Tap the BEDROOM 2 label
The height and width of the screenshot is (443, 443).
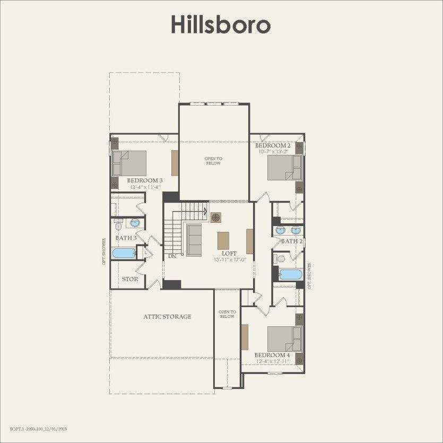tap(273, 145)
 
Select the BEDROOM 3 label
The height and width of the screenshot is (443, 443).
tap(144, 180)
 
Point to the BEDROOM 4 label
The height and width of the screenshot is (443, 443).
tap(272, 355)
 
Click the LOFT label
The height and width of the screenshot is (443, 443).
tap(229, 254)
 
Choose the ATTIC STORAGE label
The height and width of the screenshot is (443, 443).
tap(167, 317)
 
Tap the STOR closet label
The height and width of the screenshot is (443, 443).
tap(130, 279)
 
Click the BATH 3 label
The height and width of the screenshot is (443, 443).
tap(126, 238)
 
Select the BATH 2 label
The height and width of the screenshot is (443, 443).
tap(291, 241)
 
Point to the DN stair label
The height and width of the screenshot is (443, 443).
tap(172, 256)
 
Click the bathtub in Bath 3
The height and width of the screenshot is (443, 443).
tap(124, 253)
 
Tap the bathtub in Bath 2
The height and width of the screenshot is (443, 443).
tap(290, 274)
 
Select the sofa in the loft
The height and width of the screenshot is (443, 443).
tap(193, 240)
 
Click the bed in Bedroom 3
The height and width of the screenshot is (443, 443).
tap(129, 163)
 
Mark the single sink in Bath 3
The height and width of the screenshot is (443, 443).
tap(135, 223)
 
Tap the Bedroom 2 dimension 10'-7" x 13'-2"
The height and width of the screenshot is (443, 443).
tap(273, 152)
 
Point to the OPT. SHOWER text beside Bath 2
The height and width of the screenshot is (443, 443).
tap(309, 276)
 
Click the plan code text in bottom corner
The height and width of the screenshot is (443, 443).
tap(38, 428)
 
